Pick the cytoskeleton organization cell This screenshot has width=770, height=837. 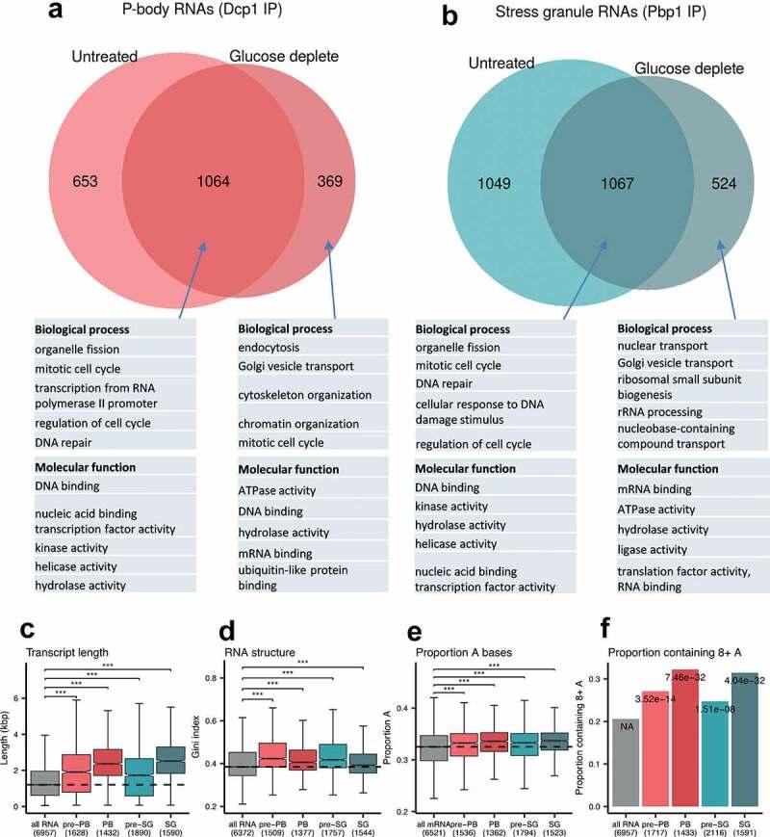pos(304,395)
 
